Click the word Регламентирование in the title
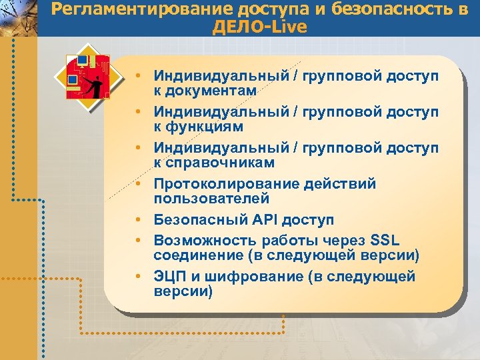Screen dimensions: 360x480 [x=125, y=10]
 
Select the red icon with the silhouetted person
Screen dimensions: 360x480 [x=84, y=75]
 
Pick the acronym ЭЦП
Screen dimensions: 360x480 [x=168, y=276]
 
